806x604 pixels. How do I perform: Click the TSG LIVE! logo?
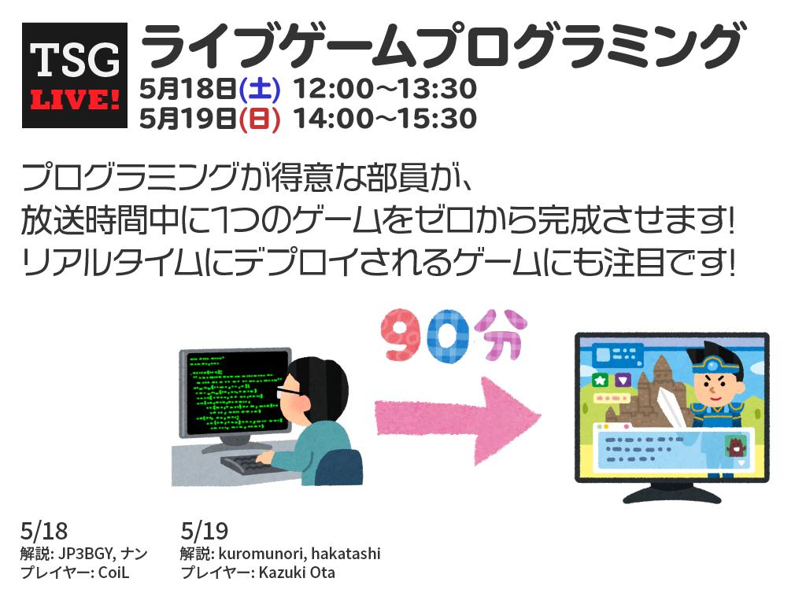(75, 75)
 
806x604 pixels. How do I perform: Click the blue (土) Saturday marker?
(259, 89)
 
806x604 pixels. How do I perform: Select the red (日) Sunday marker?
(259, 120)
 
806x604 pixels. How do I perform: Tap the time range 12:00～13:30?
(385, 89)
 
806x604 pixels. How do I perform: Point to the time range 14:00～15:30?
(385, 120)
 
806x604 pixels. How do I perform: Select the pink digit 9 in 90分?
(403, 337)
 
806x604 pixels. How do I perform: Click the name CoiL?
(113, 573)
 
